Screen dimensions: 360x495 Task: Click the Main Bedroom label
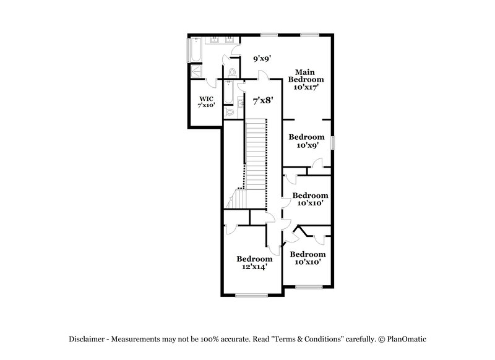(309, 79)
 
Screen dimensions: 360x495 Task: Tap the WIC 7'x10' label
(206, 102)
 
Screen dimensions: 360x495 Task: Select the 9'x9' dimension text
(263, 59)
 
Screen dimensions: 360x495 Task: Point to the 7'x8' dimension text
(263, 99)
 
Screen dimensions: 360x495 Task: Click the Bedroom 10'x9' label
(308, 141)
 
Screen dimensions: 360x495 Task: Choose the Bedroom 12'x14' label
(254, 263)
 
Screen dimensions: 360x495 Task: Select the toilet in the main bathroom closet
(232, 73)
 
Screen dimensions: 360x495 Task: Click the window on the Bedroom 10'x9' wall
(332, 142)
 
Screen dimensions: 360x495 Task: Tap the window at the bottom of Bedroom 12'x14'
(251, 296)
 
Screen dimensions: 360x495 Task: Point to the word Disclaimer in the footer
(85, 339)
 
